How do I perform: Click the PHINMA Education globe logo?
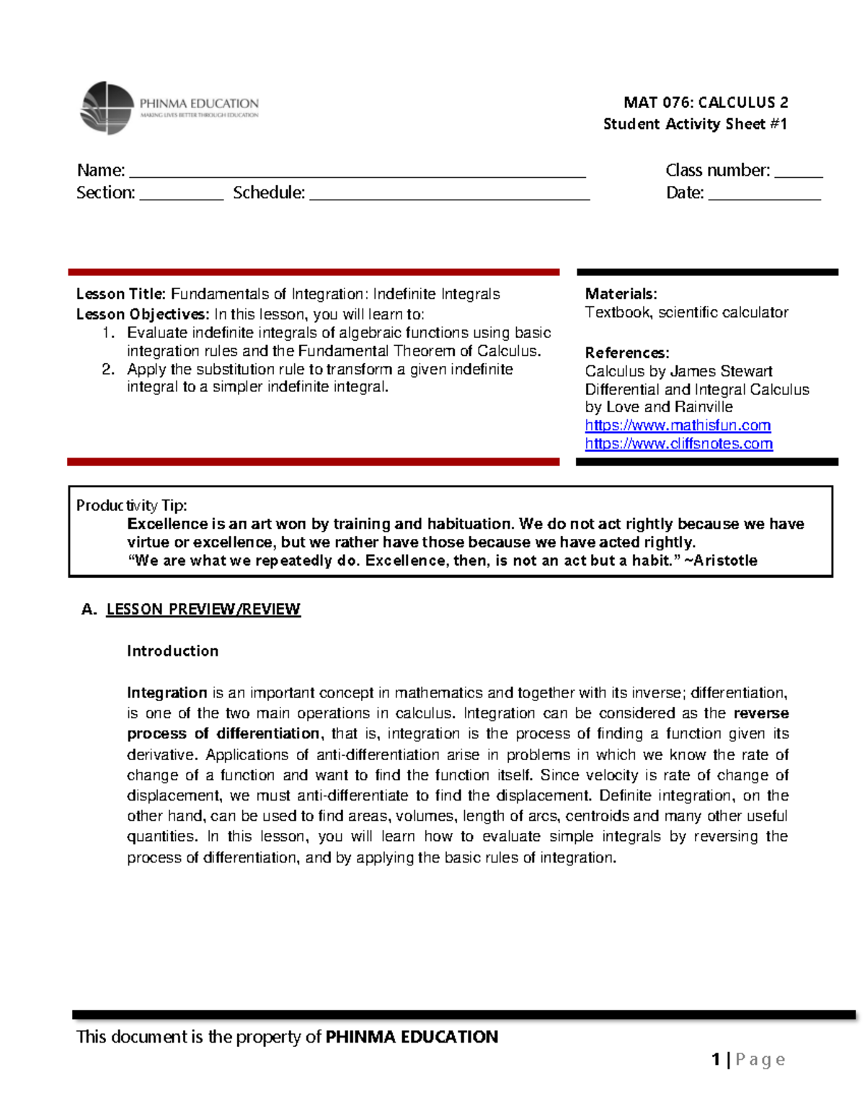[x=107, y=108]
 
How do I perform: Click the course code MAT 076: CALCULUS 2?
[x=705, y=102]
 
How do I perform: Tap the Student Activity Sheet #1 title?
[x=694, y=124]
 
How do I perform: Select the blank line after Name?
[x=357, y=173]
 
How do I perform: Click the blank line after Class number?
[x=798, y=173]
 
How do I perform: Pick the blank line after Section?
[x=181, y=195]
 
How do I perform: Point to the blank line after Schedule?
[x=449, y=195]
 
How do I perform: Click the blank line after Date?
[x=764, y=195]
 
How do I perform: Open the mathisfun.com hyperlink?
[x=678, y=425]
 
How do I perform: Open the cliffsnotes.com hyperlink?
[x=678, y=444]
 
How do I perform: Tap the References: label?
[x=626, y=353]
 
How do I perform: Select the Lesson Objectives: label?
[x=143, y=314]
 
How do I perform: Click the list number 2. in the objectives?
[x=108, y=369]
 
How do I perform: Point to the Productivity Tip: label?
[x=131, y=505]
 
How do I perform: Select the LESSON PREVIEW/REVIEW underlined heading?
[x=203, y=610]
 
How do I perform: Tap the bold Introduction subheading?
[x=172, y=651]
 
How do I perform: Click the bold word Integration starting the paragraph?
[x=167, y=692]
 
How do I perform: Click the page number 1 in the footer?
[x=716, y=1059]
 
